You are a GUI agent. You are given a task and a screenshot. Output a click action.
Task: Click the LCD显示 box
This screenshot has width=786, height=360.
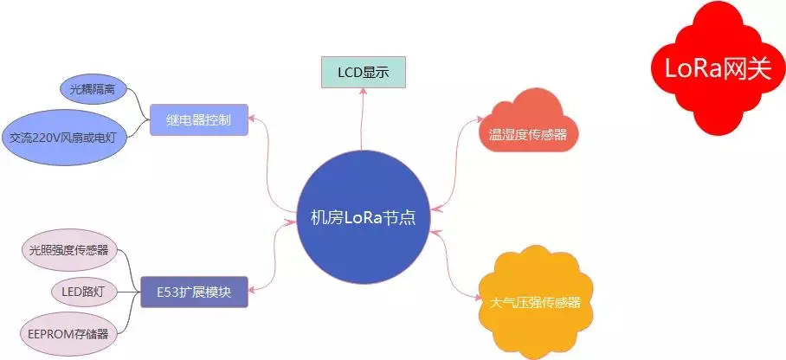click(363, 73)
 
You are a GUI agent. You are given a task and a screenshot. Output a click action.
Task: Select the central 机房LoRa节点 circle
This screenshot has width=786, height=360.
click(363, 217)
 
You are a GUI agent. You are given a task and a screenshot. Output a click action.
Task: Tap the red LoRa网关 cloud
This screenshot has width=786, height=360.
click(716, 69)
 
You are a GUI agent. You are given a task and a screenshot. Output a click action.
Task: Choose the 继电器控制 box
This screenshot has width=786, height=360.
click(198, 119)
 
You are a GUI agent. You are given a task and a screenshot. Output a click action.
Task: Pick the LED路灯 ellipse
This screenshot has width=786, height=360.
click(83, 292)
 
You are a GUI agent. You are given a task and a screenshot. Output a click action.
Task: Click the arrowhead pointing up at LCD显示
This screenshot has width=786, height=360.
click(363, 93)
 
